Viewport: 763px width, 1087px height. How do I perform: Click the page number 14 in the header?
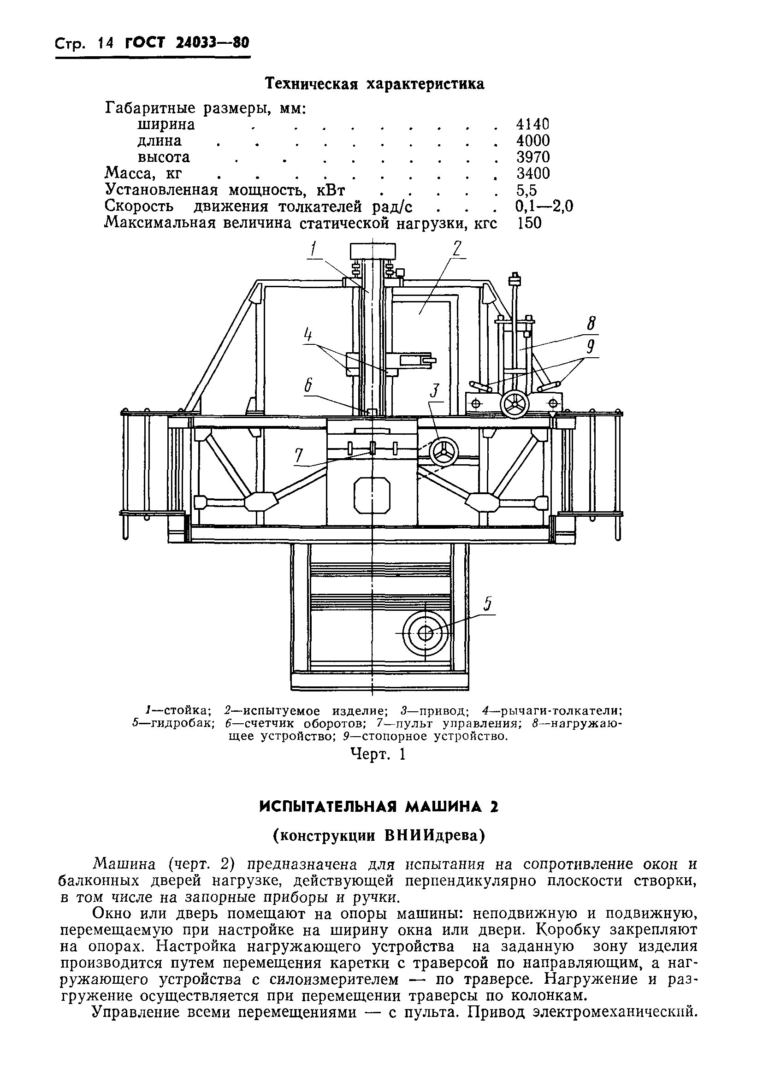[105, 44]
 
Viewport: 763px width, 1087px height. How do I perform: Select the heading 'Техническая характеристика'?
[374, 84]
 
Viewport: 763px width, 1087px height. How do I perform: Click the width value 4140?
[532, 124]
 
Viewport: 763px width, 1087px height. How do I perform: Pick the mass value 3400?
[533, 173]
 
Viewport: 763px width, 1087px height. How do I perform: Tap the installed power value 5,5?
[526, 190]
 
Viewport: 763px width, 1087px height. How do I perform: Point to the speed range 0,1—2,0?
[544, 206]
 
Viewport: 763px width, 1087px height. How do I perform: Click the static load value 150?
[529, 223]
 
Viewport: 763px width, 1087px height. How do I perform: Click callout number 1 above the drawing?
[313, 249]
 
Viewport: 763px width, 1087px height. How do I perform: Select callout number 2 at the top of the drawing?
[456, 248]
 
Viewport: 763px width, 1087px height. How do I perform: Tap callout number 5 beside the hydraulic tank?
[487, 605]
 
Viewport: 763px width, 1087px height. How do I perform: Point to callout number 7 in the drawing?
[298, 456]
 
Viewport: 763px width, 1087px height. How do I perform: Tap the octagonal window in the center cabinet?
[372, 495]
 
